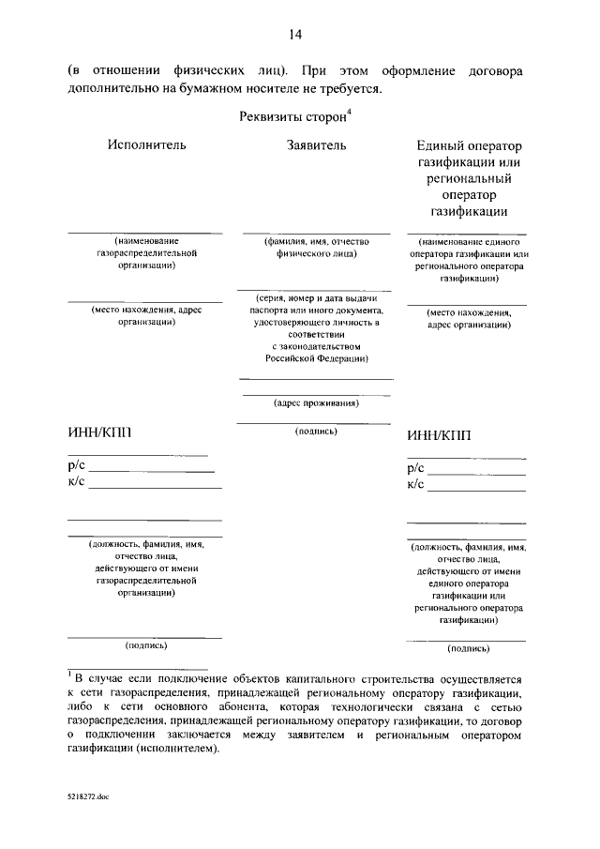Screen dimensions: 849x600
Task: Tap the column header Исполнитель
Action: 146,145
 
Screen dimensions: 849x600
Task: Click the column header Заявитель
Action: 316,145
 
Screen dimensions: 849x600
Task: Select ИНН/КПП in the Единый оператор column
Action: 440,434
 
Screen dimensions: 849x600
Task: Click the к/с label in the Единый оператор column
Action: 416,484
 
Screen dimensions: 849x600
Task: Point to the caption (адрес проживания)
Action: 316,403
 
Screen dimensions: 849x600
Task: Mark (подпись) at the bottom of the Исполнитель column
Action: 146,645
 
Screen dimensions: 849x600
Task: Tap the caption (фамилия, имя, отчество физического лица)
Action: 315,247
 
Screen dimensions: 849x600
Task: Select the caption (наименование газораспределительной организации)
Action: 145,253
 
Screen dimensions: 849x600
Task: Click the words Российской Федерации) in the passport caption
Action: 315,358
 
